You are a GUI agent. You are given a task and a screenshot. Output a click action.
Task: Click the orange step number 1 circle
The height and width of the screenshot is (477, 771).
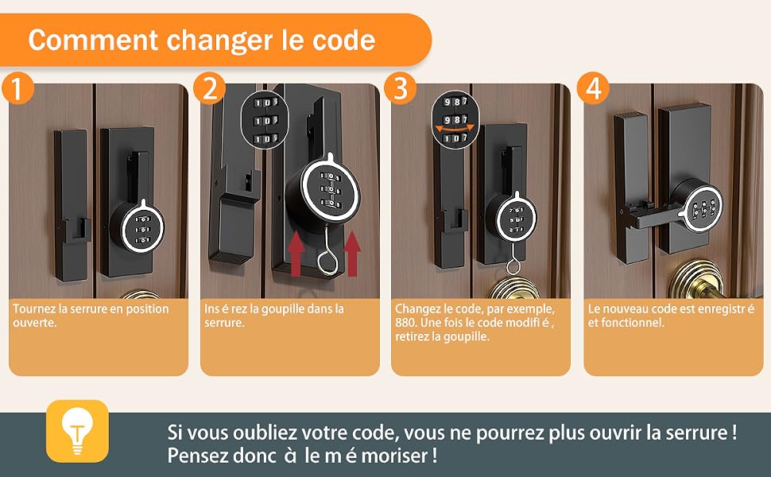coord(17,88)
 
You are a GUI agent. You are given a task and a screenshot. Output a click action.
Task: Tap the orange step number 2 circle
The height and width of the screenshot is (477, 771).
coord(210,88)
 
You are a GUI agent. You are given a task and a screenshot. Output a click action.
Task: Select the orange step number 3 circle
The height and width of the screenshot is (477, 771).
coord(401,88)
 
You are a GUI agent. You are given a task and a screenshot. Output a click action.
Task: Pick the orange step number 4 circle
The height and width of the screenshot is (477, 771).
coord(593,88)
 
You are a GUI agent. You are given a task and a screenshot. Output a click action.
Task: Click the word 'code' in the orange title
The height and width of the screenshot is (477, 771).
coord(343,41)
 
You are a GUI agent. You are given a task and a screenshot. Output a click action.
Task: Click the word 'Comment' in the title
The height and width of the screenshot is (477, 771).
coord(93,41)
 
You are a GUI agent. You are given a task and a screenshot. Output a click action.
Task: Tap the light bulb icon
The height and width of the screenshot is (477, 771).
coord(77,431)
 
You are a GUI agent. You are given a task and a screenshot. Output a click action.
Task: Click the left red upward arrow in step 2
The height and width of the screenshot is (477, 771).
coord(296,254)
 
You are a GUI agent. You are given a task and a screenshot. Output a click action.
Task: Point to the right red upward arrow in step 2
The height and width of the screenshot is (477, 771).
coord(352,254)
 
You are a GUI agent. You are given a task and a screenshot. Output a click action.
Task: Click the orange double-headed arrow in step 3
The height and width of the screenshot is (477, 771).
coord(455,128)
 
